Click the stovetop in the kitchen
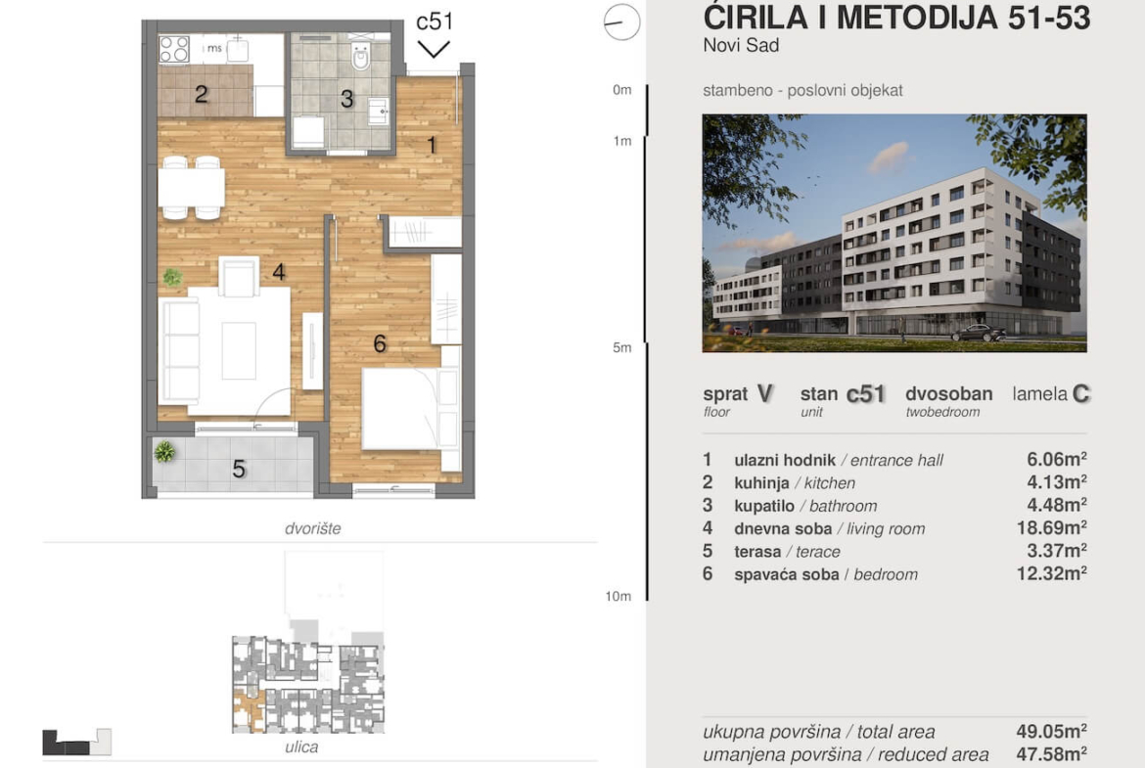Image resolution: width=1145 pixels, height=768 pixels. point(174,50)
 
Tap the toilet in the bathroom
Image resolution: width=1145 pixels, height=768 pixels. point(360,53)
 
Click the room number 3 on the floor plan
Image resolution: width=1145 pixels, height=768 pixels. point(346,99)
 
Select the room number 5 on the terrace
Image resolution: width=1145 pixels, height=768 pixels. point(239,469)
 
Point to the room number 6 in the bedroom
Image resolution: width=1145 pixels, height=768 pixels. point(380,343)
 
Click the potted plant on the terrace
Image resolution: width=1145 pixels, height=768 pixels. point(164,452)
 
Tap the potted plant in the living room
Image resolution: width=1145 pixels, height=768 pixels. point(172,277)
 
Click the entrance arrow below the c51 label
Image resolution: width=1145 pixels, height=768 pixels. point(433,50)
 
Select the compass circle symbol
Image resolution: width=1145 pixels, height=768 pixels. point(622,22)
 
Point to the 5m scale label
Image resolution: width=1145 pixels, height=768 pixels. point(622,347)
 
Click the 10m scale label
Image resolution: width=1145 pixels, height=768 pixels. point(618,597)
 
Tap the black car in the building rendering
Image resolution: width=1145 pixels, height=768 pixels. point(979,334)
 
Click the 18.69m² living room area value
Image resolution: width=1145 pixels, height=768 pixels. point(1051,528)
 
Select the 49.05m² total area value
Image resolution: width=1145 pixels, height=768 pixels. point(1051,731)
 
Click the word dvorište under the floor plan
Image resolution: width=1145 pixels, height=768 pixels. point(312,528)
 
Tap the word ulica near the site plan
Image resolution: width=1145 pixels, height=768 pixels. point(301,746)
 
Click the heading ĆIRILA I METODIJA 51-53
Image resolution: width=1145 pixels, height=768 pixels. point(896,18)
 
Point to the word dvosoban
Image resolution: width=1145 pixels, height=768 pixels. point(948,394)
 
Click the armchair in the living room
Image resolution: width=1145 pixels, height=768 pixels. point(239,277)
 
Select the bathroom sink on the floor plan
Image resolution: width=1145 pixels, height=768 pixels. point(379,112)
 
